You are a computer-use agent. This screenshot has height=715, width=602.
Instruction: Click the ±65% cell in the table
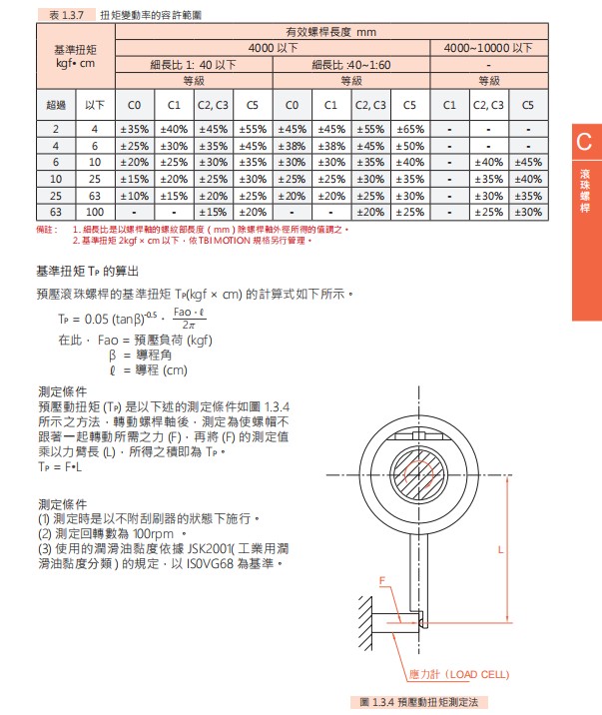coord(409,129)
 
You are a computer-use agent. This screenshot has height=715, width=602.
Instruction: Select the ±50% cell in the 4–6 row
coord(409,145)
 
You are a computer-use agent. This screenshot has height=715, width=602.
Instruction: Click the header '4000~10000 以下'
coord(488,47)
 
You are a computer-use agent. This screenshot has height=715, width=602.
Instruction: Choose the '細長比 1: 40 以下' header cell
coord(194,64)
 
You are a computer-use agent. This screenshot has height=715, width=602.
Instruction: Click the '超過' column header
coord(55,104)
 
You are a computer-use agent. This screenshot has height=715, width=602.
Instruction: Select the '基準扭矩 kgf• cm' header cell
coord(75,55)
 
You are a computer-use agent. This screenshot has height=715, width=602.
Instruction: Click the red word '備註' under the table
coord(47,230)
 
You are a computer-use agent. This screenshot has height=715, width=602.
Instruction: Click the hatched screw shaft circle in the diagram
coord(423,488)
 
